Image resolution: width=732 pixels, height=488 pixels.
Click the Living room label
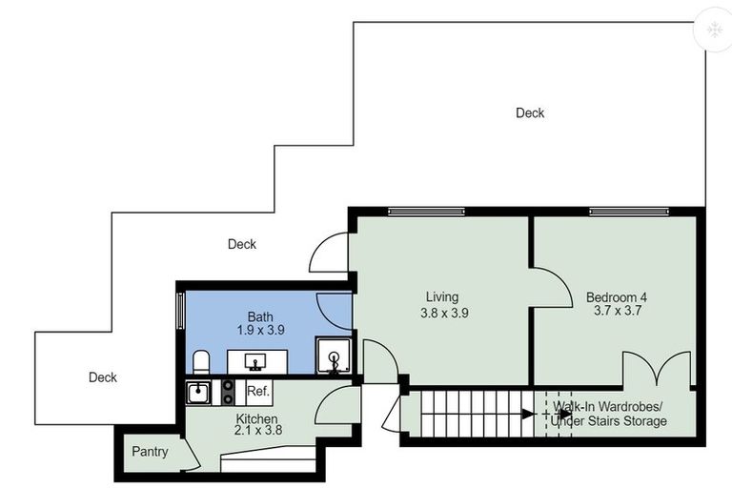(x=442, y=297)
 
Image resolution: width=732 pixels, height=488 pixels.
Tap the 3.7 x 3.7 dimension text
(x=618, y=311)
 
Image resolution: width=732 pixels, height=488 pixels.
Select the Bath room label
(x=260, y=317)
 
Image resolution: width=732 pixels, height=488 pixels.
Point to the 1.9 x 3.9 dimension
(x=260, y=330)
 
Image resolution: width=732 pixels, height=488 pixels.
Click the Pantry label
(x=150, y=452)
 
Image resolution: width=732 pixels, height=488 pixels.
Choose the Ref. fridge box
(x=258, y=392)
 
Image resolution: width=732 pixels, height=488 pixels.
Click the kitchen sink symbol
(x=198, y=393)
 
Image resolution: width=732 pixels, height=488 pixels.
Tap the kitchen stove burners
(x=228, y=393)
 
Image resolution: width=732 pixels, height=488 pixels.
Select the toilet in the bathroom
(x=201, y=362)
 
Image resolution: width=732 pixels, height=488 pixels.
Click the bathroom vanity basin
(x=256, y=362)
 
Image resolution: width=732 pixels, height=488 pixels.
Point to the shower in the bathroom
(x=334, y=356)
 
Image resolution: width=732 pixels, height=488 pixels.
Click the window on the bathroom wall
(x=181, y=310)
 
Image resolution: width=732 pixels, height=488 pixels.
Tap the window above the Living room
(x=426, y=212)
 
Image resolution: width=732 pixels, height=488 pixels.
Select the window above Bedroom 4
(x=628, y=212)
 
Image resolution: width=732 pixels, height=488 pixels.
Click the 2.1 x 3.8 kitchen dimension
(x=258, y=430)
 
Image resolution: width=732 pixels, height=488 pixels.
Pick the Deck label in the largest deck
(x=530, y=113)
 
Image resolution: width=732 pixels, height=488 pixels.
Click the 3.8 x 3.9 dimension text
(x=444, y=313)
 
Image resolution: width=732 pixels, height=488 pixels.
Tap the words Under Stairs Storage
(x=608, y=421)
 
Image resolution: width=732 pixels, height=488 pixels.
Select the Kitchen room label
(x=256, y=418)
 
